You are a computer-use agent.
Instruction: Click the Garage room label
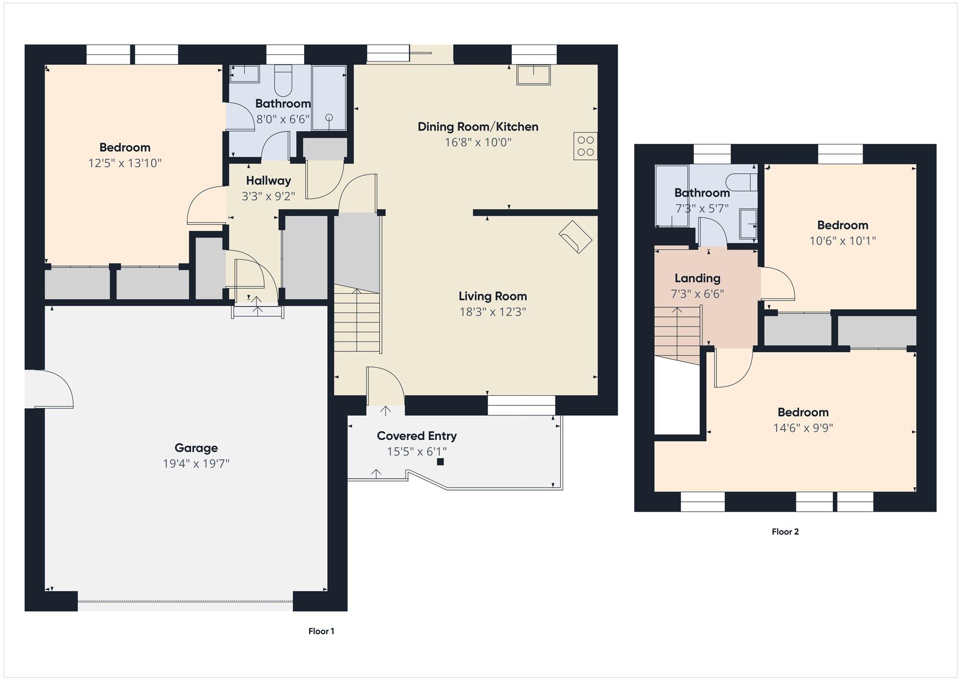196,448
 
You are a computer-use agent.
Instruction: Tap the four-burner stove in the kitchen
586,146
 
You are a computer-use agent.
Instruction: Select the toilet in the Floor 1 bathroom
283,81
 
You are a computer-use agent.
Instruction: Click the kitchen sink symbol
533,75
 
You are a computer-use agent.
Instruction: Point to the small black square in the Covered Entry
440,462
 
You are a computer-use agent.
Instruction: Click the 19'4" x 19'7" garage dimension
196,464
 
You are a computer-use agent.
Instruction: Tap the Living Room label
493,296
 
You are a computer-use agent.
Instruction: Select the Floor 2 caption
785,531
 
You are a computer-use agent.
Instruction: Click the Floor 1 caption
321,631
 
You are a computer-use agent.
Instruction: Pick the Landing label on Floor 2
697,278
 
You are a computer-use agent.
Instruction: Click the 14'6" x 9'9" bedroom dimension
803,428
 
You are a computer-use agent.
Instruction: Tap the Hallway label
268,181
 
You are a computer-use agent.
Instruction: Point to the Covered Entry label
417,436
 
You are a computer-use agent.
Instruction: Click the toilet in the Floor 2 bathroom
741,182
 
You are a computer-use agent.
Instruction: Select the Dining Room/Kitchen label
478,127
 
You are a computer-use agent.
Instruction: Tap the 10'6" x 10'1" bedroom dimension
842,240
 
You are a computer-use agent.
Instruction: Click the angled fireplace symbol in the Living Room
575,237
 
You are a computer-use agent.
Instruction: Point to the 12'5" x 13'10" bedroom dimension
124,163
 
